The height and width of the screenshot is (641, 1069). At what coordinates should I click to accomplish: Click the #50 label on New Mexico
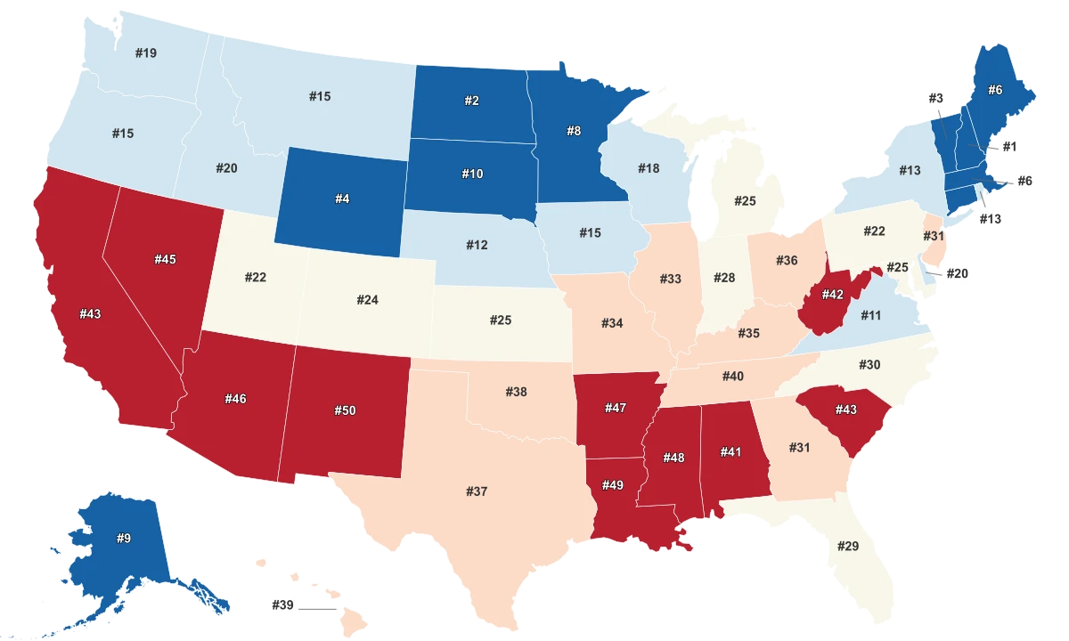point(345,410)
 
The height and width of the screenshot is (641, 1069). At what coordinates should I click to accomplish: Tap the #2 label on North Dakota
point(471,101)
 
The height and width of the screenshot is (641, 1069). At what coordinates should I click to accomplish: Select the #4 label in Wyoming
point(342,199)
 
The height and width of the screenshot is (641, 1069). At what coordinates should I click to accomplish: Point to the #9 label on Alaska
point(124,539)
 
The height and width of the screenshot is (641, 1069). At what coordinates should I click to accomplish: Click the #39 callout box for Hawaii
point(282,605)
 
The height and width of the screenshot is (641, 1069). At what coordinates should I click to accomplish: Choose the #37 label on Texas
point(477,491)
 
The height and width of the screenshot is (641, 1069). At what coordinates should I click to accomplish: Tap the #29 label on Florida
point(847,545)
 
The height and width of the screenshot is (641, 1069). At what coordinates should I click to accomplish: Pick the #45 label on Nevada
point(165,259)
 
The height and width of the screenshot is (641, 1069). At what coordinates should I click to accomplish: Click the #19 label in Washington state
point(146,53)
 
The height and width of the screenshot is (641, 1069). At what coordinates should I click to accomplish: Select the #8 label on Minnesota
point(574,130)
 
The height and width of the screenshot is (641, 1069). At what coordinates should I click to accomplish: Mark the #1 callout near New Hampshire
point(1009,145)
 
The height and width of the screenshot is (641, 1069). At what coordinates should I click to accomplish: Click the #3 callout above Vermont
point(935,98)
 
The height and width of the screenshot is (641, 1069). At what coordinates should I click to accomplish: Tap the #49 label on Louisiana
point(612,484)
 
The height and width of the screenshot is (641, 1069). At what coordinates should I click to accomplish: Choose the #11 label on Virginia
point(870,315)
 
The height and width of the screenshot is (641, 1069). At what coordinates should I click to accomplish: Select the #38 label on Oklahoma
point(516,392)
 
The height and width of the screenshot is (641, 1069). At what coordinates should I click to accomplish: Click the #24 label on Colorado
point(367,300)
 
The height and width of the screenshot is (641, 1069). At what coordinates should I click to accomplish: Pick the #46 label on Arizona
point(235,399)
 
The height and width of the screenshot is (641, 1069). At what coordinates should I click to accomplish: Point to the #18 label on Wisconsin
point(649,168)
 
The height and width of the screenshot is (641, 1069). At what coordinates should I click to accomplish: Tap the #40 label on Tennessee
point(732,377)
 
